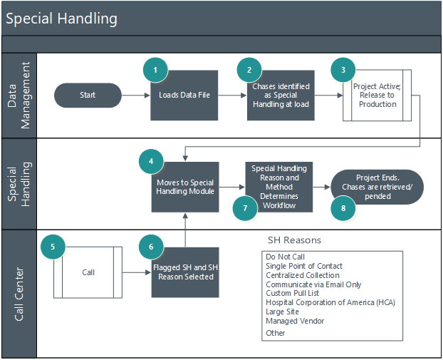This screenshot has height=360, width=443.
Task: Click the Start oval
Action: point(88,94)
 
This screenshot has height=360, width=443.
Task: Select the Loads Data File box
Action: point(184,96)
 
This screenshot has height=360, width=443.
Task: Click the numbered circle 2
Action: point(249,69)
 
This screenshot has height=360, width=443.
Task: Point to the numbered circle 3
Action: point(343,69)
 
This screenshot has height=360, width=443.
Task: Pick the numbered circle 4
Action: point(150,161)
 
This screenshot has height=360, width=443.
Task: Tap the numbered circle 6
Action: point(150,247)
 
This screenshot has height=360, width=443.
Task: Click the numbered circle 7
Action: point(244,207)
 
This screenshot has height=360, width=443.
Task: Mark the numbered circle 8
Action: point(343,207)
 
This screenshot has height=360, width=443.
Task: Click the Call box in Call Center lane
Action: point(88,272)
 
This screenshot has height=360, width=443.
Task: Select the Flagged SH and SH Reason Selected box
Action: point(184,272)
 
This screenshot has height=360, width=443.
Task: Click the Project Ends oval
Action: point(377,187)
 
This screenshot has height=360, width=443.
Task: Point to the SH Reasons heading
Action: point(294,240)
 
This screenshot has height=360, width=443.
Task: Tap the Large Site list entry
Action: point(282,312)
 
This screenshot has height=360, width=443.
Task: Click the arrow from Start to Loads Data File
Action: point(135,95)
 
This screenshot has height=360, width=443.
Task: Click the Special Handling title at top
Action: point(61,19)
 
